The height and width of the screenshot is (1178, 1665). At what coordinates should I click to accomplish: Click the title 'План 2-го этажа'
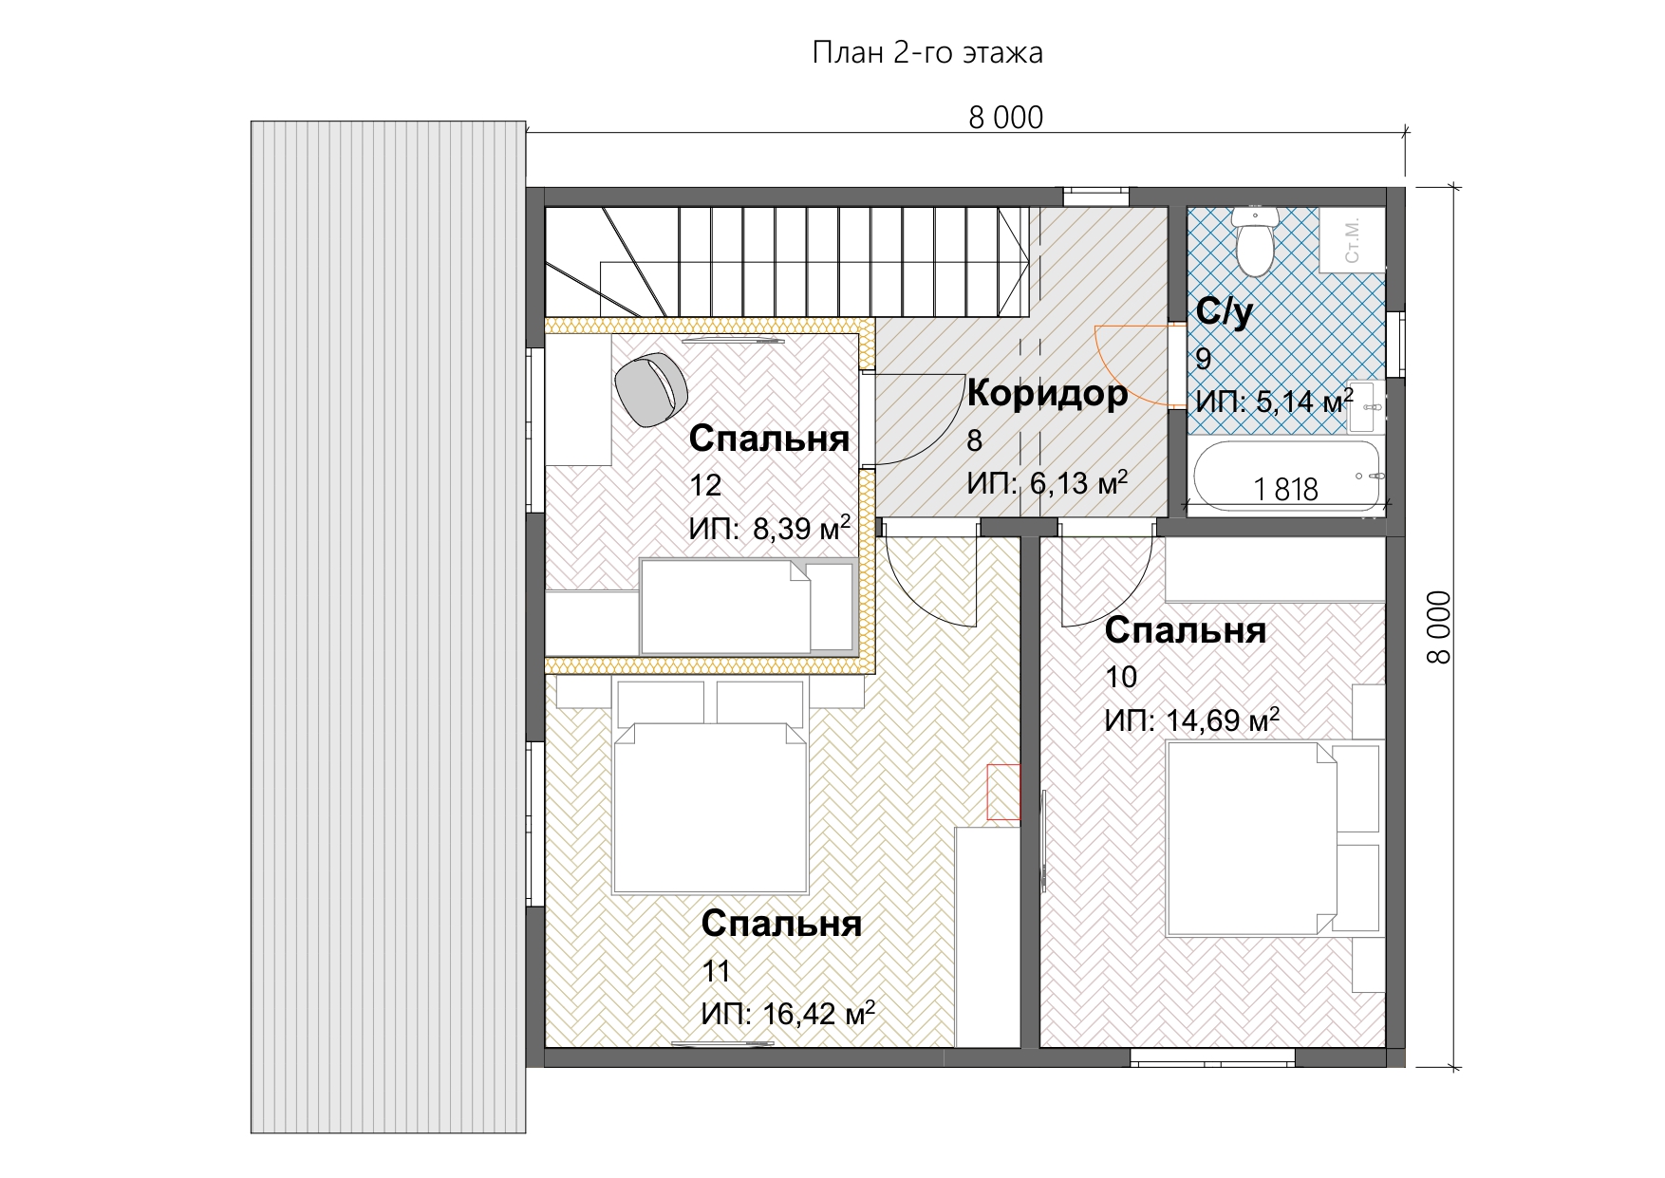point(927,53)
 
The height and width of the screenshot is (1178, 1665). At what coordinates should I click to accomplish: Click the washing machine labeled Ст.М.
point(1352,239)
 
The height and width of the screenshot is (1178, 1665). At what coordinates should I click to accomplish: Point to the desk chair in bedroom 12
point(651,388)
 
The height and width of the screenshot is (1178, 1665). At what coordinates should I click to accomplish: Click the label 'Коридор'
point(1047,394)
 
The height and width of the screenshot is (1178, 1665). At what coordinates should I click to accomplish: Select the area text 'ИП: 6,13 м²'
point(1047,483)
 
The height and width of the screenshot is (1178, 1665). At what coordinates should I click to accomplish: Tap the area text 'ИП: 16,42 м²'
point(788,1013)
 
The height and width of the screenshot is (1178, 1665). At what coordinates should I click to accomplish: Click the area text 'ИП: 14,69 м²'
point(1191,720)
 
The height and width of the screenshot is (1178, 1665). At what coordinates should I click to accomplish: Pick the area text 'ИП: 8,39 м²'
point(769,528)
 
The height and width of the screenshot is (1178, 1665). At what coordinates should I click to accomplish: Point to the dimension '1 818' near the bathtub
point(1285,490)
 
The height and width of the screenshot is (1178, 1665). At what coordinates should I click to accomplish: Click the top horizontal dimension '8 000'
point(1005,118)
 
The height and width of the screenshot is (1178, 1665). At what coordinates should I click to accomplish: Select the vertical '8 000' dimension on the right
point(1438,626)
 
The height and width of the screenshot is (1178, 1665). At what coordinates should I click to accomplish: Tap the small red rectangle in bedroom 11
point(1003,792)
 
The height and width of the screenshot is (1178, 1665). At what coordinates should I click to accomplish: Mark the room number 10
point(1121,677)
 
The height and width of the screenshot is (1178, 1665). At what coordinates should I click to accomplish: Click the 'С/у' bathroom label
point(1225,312)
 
